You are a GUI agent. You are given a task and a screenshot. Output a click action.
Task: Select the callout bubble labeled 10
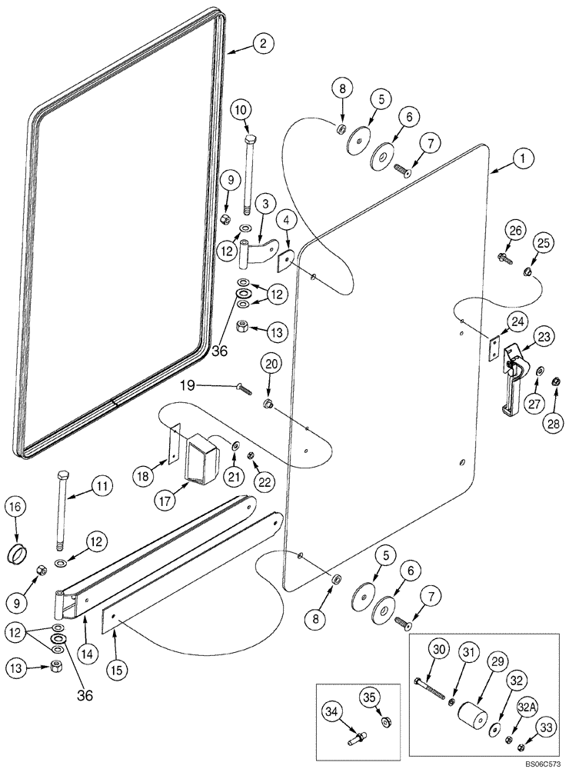tap(241, 110)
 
